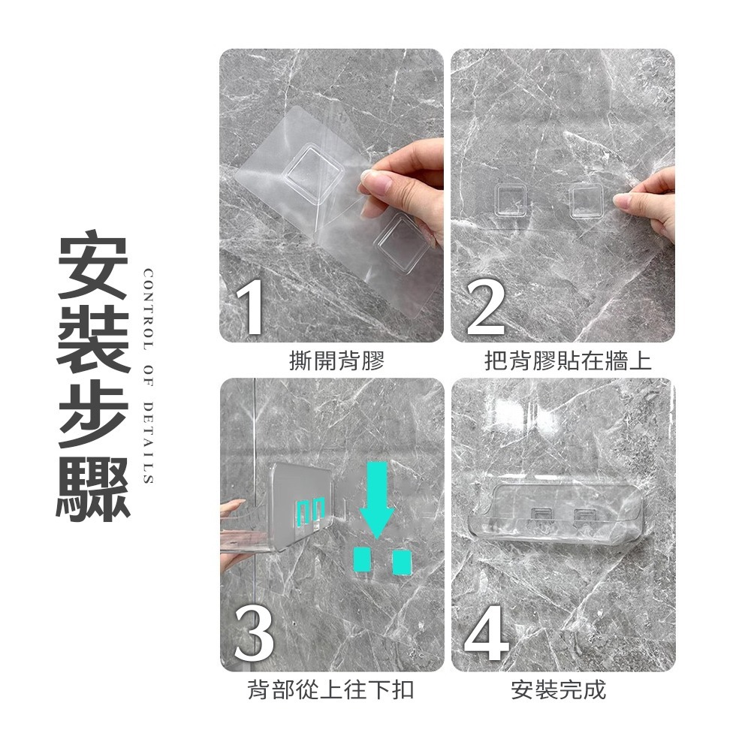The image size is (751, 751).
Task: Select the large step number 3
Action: (254, 635)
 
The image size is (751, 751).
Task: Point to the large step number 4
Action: (486, 635)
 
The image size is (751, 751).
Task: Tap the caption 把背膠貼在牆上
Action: (568, 362)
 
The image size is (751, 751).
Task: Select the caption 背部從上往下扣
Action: (330, 689)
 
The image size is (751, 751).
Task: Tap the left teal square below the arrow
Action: (363, 559)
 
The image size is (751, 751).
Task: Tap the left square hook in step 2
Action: (511, 201)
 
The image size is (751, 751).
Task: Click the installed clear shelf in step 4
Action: (556, 511)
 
